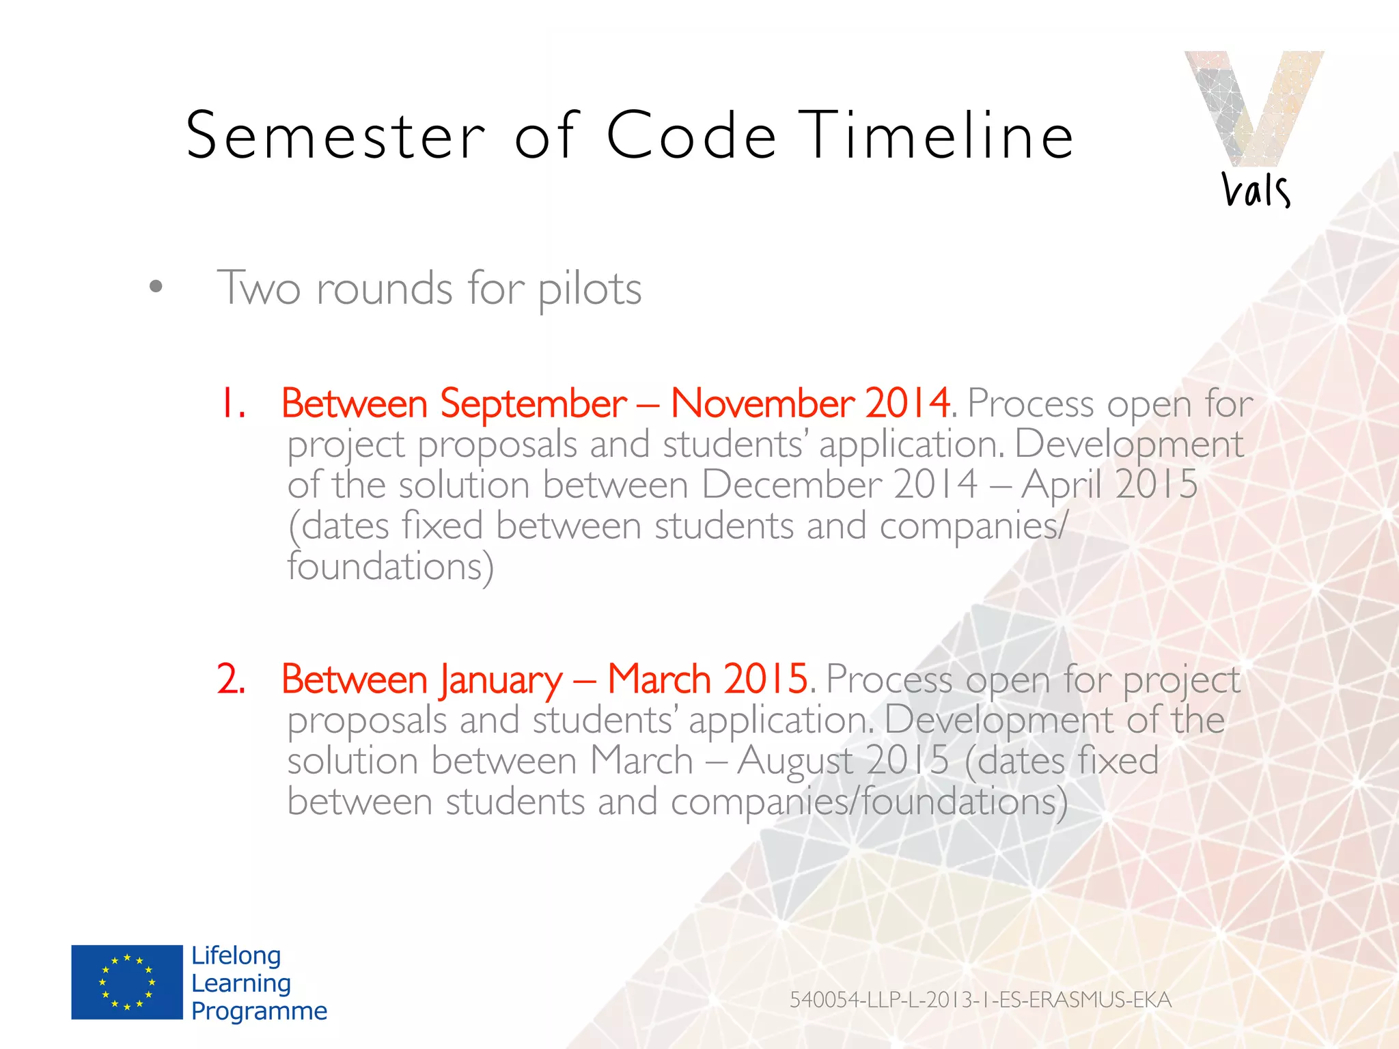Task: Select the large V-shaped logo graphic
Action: pos(1253,106)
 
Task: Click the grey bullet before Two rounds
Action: pos(156,287)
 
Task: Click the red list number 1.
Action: pos(231,403)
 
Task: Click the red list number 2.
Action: pos(231,679)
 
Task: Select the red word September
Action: pos(533,404)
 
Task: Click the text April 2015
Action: pos(1109,485)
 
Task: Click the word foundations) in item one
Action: pos(389,567)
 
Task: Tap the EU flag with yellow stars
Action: pos(127,982)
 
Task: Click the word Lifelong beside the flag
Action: pos(236,955)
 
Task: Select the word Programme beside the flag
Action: pos(259,1011)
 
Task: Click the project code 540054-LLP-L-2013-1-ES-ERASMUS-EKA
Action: pos(980,1000)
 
